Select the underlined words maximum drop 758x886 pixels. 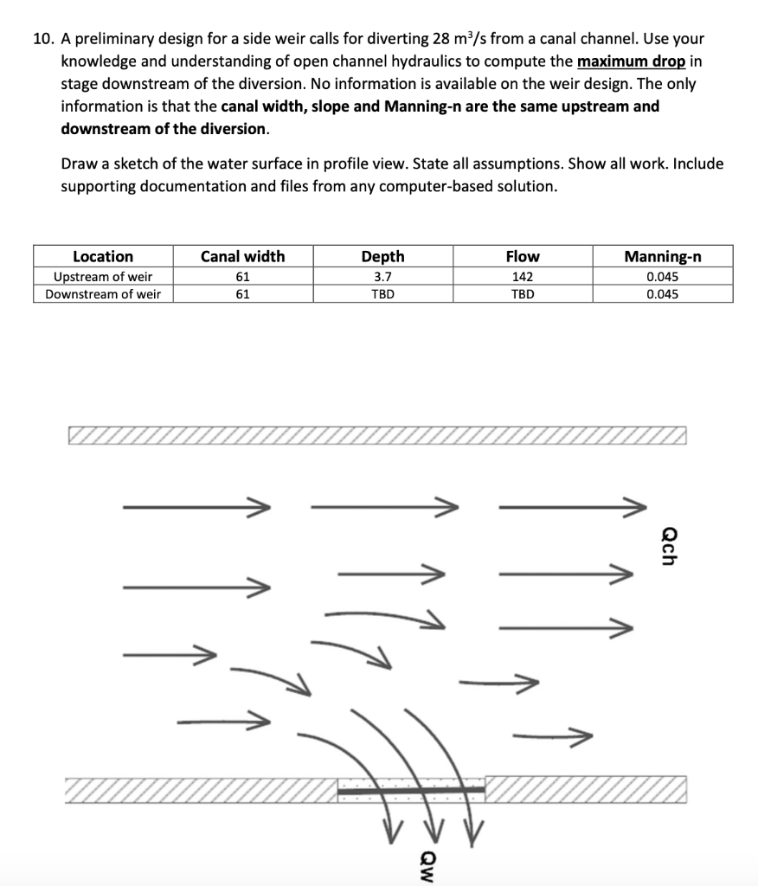631,62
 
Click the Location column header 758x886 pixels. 103,256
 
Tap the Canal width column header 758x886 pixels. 242,256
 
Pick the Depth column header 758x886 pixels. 382,256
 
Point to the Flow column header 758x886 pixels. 523,256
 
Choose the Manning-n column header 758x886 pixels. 663,256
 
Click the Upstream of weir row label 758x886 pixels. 103,277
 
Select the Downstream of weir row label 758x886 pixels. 103,294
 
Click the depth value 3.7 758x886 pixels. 382,277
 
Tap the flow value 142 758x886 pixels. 523,277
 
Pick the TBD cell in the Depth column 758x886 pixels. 382,294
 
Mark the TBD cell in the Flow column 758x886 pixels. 523,294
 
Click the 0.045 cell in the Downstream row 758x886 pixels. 663,294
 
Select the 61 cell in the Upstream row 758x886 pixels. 242,277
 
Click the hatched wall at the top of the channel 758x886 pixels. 376,434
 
